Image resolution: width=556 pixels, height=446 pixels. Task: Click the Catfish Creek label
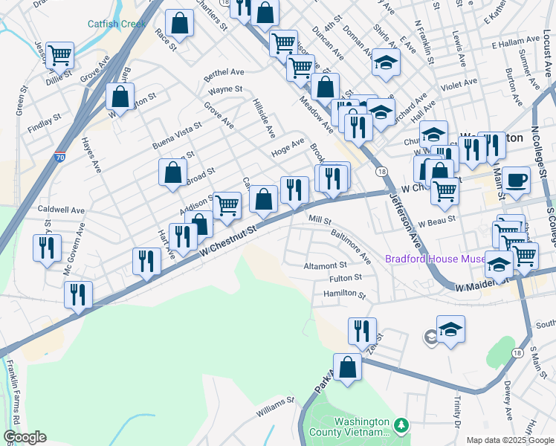click(x=117, y=24)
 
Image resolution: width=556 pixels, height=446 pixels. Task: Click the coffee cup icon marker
click(x=516, y=179)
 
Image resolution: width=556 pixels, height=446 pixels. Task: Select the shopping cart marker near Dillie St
click(x=59, y=55)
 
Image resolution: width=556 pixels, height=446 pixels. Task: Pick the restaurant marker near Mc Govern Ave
click(x=47, y=248)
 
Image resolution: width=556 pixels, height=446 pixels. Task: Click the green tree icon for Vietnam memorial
click(x=401, y=425)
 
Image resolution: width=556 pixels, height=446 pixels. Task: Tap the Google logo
click(x=24, y=437)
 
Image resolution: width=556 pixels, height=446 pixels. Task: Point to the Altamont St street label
click(x=325, y=265)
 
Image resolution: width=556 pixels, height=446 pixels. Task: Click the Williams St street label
click(x=275, y=406)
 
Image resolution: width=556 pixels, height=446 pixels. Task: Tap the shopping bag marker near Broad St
click(x=172, y=173)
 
